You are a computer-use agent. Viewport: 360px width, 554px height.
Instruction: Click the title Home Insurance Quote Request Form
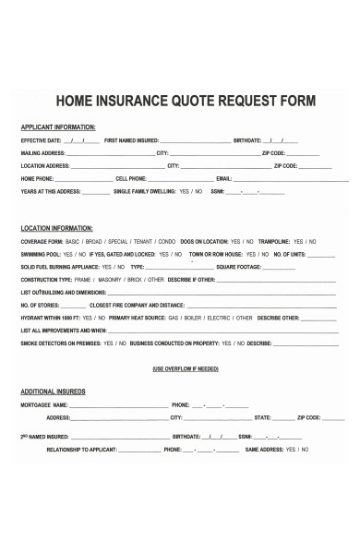point(186,99)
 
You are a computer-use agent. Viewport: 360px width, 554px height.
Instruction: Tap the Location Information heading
point(56,226)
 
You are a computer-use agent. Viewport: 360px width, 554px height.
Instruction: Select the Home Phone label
point(37,178)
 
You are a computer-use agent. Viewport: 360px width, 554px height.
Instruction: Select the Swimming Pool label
point(41,253)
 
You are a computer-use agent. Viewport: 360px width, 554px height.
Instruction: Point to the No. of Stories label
point(41,304)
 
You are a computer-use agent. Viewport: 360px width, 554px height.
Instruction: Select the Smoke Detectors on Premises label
point(61,343)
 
